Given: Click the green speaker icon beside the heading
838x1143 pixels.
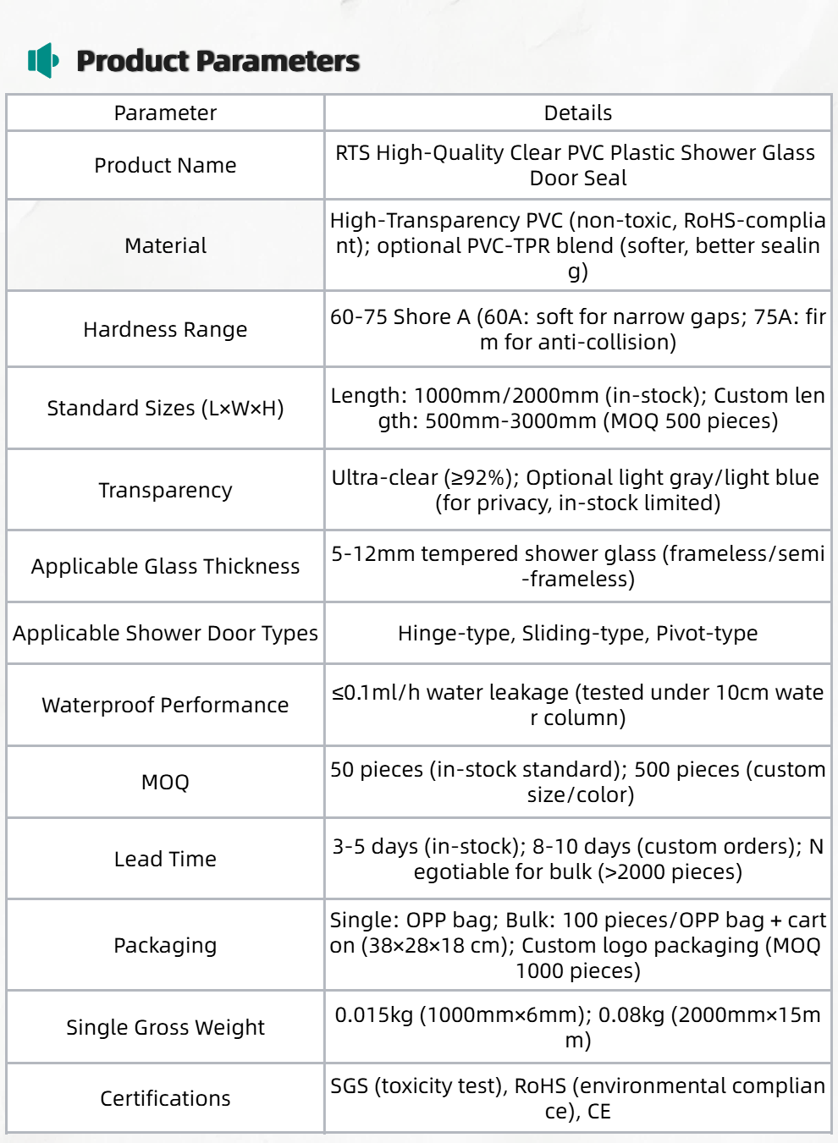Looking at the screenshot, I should [x=42, y=61].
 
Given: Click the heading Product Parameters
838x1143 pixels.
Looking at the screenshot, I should [x=218, y=61].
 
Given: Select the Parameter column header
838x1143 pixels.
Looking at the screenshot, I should [x=165, y=113].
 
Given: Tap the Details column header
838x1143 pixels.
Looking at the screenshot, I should [x=577, y=113].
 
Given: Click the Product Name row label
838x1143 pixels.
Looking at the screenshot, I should [x=165, y=166].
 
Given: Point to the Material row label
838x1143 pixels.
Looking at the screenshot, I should [x=165, y=246].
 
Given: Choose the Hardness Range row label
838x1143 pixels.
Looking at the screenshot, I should [x=165, y=330].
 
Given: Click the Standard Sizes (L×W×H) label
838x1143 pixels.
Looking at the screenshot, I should [x=165, y=409].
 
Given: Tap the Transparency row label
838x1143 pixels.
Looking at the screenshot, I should [x=165, y=491].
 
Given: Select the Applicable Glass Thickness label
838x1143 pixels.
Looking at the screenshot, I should [x=165, y=567].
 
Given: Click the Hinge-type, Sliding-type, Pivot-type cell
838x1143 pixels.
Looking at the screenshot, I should [x=577, y=634].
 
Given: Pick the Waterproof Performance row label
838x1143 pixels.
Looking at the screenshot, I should [x=165, y=706].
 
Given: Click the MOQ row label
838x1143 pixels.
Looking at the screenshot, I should [x=165, y=783].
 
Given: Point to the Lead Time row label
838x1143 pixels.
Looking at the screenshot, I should [x=165, y=860].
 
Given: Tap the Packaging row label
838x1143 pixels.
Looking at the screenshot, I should [x=165, y=946].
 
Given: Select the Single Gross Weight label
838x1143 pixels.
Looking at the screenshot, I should [x=165, y=1028].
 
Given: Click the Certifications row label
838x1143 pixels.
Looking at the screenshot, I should [x=165, y=1099].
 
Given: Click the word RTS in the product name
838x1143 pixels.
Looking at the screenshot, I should [x=352, y=153].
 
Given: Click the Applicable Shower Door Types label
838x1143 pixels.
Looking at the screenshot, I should [x=165, y=634].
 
